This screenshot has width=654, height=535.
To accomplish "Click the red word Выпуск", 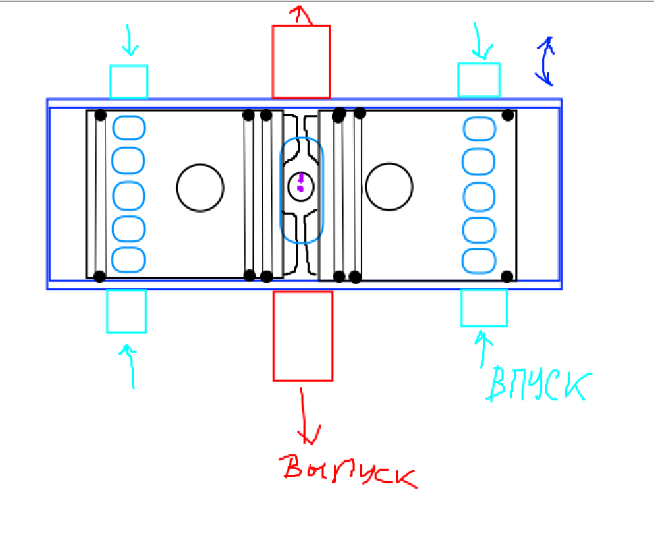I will (350, 471).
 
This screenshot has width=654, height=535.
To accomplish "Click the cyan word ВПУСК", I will (538, 385).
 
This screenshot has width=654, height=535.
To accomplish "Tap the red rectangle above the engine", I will (301, 61).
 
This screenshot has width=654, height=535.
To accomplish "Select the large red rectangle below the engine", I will (303, 335).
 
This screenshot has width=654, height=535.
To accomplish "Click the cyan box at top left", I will (129, 81).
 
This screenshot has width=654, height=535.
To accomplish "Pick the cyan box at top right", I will (479, 80).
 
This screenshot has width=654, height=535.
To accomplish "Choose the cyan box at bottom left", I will (126, 311).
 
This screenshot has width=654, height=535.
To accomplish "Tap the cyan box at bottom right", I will (484, 308).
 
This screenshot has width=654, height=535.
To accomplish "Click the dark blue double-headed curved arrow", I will (546, 61).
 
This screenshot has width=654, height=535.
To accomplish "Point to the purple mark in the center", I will (301, 182).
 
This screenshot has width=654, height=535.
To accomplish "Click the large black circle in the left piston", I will (200, 187).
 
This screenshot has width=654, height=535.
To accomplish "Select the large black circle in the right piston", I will (389, 186).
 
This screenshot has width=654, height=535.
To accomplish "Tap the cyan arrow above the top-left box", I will (129, 41).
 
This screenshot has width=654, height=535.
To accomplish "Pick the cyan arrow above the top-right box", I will (481, 42).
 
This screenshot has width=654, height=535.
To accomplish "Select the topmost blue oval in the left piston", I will (129, 128).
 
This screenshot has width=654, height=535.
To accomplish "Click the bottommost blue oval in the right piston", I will (479, 261).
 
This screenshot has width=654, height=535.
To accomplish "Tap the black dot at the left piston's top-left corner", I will (101, 114).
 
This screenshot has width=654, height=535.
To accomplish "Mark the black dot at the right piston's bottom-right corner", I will (507, 276).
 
